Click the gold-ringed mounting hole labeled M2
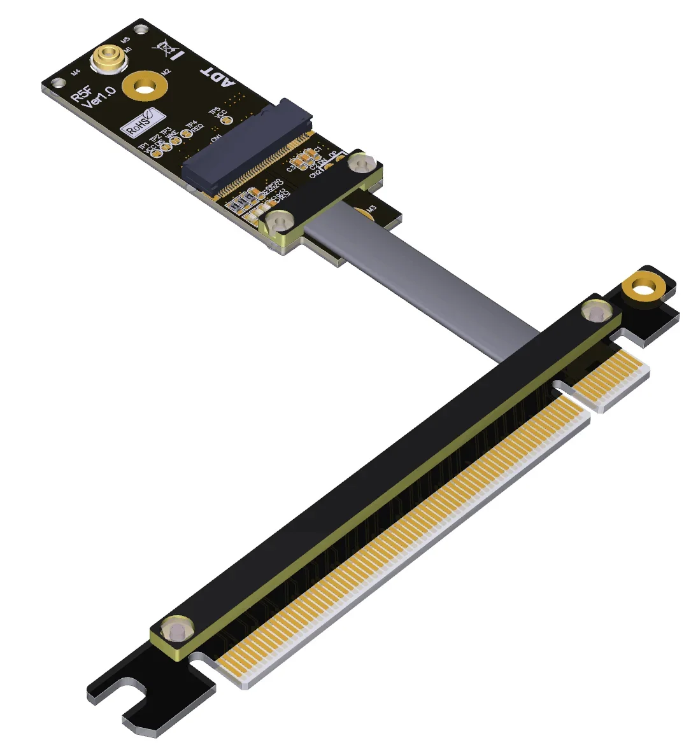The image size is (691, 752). click(146, 86)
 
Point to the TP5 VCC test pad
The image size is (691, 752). click(224, 119)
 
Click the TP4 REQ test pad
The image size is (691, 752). click(186, 133)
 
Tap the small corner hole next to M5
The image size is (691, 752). click(141, 29)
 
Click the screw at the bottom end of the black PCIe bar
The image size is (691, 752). click(176, 630)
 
